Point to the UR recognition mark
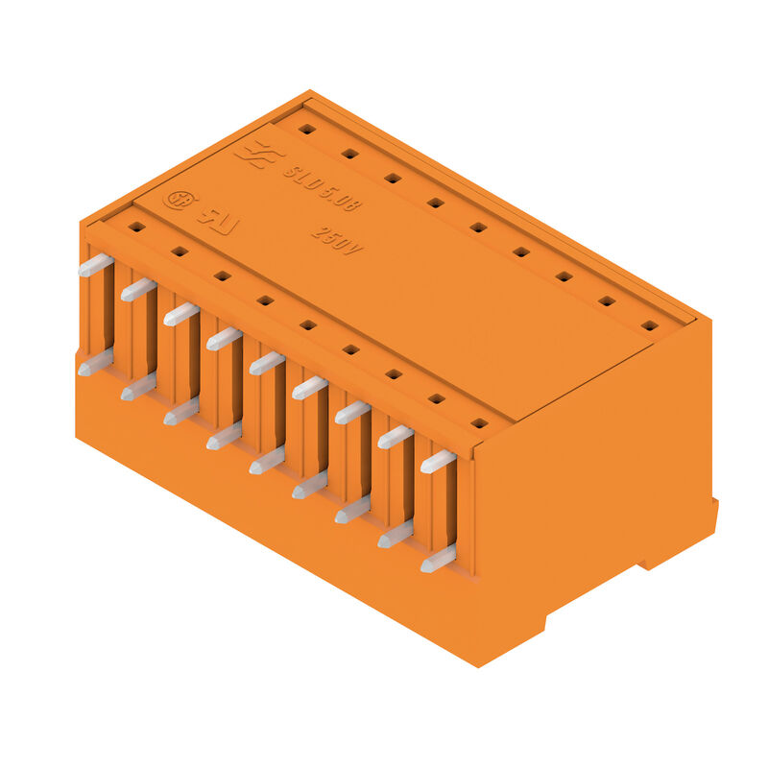(x=219, y=217)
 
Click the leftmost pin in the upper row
(x=95, y=265)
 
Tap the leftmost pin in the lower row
(x=95, y=363)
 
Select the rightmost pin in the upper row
(x=438, y=461)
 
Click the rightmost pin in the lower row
(x=438, y=559)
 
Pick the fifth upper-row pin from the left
(x=267, y=363)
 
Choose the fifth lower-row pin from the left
(x=267, y=461)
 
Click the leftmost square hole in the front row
(x=136, y=228)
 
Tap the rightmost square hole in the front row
(x=479, y=422)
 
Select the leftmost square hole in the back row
(x=306, y=129)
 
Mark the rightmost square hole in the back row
(x=650, y=325)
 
